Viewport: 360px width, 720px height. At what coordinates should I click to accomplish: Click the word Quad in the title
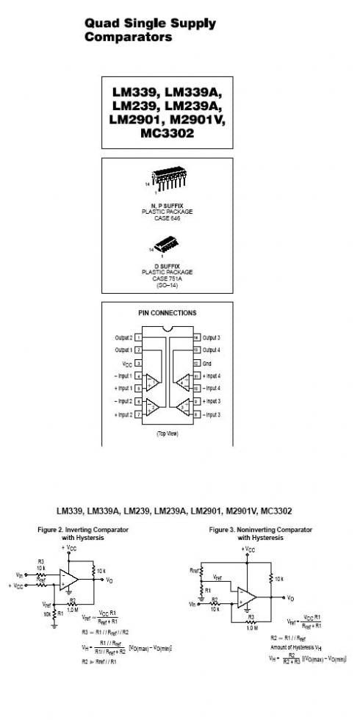pyautogui.click(x=99, y=24)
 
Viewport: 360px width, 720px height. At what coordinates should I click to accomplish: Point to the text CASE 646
pyautogui.click(x=166, y=218)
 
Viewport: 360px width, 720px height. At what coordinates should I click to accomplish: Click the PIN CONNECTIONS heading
pyautogui.click(x=167, y=313)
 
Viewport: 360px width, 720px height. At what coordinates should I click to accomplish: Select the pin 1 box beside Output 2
pyautogui.click(x=138, y=337)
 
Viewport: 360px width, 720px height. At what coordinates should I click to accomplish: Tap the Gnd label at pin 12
pyautogui.click(x=207, y=363)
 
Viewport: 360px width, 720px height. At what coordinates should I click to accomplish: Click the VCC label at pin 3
pyautogui.click(x=127, y=363)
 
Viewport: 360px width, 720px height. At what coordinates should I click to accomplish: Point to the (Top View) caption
pyautogui.click(x=167, y=434)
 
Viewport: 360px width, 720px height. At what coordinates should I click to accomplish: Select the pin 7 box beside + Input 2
pyautogui.click(x=138, y=414)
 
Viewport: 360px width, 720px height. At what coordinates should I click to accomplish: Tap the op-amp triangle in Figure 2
pyautogui.click(x=71, y=580)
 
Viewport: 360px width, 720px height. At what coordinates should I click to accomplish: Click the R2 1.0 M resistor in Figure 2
pyautogui.click(x=72, y=606)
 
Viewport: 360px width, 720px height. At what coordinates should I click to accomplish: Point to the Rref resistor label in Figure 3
pyautogui.click(x=195, y=569)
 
